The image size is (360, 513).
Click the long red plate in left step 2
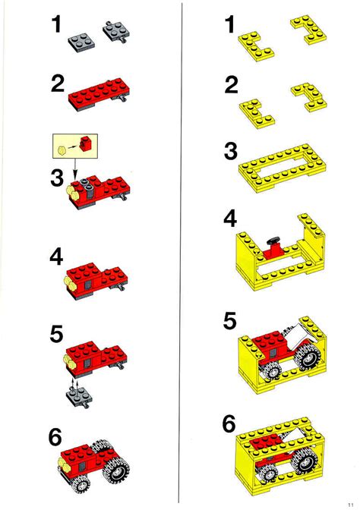[98, 94]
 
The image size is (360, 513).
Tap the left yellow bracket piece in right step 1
[256, 46]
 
